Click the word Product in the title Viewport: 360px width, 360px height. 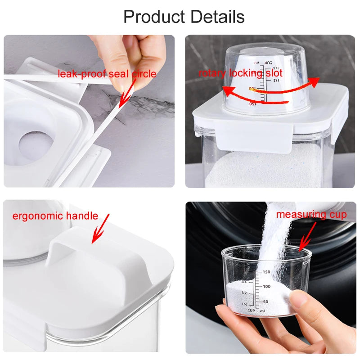[154, 17]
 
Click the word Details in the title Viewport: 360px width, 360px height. [217, 17]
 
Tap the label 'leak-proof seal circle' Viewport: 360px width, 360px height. [107, 74]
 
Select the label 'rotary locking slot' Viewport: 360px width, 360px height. [240, 73]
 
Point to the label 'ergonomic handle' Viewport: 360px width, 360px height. [55, 216]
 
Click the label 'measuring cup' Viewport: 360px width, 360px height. [311, 215]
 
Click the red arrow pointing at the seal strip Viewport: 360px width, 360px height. [127, 94]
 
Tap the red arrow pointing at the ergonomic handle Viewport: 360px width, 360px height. [100, 229]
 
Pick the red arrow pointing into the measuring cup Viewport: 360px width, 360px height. [308, 237]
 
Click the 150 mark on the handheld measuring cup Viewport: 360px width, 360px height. [266, 272]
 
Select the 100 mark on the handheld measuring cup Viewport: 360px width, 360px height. [266, 287]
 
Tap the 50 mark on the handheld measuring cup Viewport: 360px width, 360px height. [265, 301]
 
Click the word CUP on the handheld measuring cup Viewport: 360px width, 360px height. [251, 310]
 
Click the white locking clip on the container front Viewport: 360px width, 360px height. [254, 138]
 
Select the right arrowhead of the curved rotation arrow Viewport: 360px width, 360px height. [314, 82]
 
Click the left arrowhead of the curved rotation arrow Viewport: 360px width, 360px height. [229, 91]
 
